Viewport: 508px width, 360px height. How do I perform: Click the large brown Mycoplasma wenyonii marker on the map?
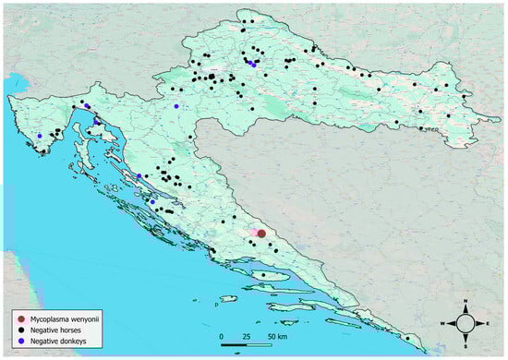tap(261, 234)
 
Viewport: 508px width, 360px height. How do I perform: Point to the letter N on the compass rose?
tap(467, 302)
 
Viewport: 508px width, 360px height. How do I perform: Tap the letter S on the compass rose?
tap(467, 343)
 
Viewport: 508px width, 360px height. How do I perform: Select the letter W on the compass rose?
tap(446, 322)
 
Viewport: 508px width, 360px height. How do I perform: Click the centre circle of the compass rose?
tap(467, 322)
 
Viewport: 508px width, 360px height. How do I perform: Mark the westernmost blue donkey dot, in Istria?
tap(40, 136)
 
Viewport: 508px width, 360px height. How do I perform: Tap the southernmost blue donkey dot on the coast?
tap(151, 200)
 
